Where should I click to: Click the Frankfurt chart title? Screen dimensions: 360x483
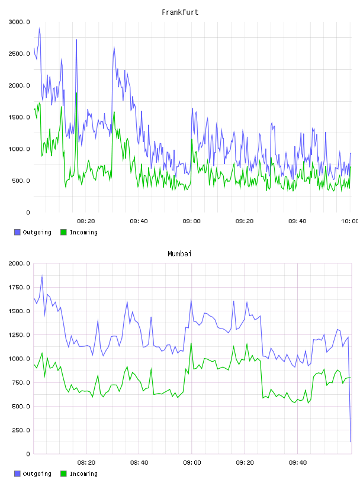click(180, 12)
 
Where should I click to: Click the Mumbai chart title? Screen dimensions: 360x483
click(179, 253)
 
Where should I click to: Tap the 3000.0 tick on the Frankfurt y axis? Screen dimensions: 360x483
click(20, 22)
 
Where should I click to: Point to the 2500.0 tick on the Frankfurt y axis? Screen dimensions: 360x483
click(20, 54)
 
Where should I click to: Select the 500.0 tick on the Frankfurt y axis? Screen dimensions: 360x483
click(21, 181)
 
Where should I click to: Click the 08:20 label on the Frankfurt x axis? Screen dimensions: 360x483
click(86, 221)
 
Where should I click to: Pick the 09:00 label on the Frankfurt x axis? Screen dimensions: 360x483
click(191, 221)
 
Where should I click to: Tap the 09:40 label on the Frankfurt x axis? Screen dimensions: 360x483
click(297, 221)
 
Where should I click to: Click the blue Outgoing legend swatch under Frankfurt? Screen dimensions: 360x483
click(17, 232)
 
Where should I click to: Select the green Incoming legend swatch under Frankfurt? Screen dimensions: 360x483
click(63, 232)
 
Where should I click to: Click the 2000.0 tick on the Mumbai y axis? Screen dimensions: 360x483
click(20, 263)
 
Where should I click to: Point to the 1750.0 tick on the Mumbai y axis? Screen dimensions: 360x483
click(20, 288)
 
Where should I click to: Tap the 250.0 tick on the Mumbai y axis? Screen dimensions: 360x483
click(21, 430)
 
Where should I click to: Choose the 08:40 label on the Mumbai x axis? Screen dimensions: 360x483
click(139, 462)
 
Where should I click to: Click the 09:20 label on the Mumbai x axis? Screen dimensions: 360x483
click(245, 462)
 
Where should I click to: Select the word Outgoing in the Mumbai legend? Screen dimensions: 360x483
click(37, 474)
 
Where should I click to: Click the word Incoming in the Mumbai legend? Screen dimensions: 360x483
click(83, 474)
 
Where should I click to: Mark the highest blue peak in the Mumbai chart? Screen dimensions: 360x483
click(42, 276)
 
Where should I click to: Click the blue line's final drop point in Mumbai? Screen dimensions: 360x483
click(351, 442)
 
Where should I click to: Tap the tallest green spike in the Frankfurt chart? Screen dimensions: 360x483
click(76, 92)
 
